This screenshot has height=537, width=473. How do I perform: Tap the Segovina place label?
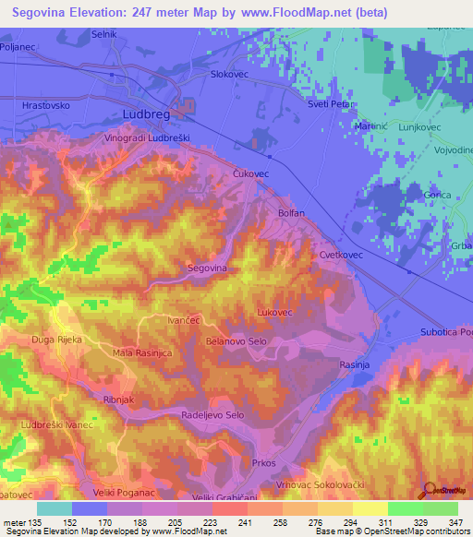(x=207, y=268)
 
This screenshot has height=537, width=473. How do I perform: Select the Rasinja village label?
(x=355, y=364)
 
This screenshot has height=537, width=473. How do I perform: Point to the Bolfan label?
(x=291, y=212)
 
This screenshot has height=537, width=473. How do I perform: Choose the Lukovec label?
(x=274, y=313)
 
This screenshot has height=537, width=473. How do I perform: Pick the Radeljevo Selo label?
(x=213, y=416)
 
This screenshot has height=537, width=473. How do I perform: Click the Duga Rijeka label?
(x=56, y=340)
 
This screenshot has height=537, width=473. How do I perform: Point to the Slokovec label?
(x=231, y=73)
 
